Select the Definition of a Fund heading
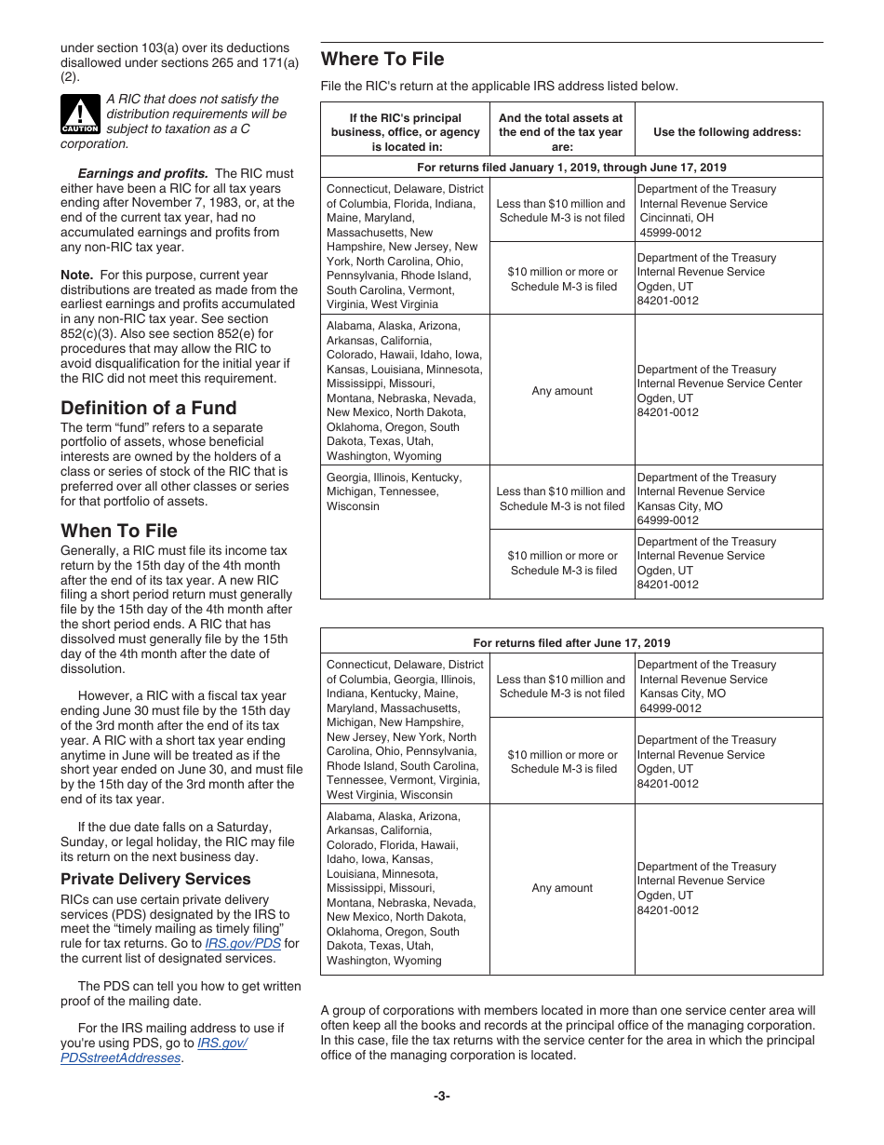[148, 408]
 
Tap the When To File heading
[118, 531]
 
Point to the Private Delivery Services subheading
[155, 879]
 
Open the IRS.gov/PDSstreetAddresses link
[153, 1050]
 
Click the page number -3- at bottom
[441, 1096]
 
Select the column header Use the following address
[727, 132]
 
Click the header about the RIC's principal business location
[405, 132]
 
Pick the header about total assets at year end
[560, 132]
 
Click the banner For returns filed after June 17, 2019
[571, 642]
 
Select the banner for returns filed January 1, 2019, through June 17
[571, 168]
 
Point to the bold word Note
[76, 275]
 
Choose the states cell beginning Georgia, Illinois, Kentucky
[394, 492]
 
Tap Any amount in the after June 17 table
[561, 888]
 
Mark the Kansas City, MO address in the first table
[703, 498]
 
